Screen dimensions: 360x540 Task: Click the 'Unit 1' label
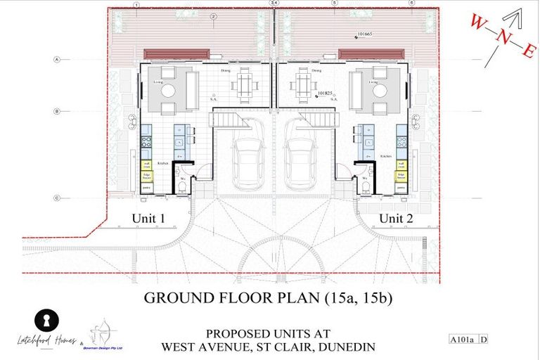click(148, 219)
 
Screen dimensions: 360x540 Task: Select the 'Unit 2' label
click(396, 219)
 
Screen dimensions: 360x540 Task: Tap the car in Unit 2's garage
click(301, 162)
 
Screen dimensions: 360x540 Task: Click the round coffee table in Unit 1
click(169, 91)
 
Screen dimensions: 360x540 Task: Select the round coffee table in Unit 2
click(380, 91)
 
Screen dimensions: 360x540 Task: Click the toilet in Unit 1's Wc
click(181, 186)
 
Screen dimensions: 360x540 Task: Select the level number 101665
click(366, 34)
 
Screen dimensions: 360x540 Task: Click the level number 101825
click(325, 92)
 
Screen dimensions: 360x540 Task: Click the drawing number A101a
click(463, 340)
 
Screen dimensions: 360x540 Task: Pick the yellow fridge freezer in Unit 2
click(401, 176)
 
